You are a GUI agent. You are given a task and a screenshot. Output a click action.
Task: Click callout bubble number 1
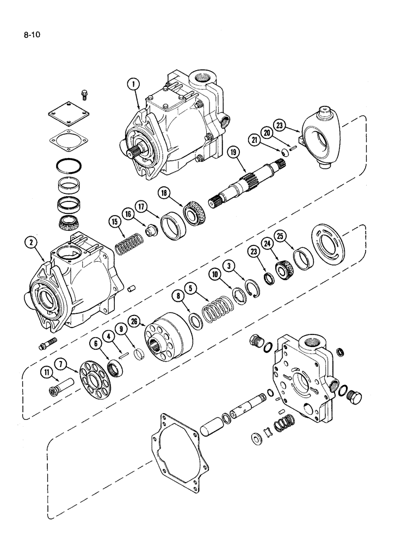tap(133, 84)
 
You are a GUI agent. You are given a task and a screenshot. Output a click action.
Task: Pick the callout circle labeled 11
tap(46, 372)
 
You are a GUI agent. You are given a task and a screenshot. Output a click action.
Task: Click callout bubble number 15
tap(114, 221)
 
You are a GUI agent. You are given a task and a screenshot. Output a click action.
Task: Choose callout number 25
tap(296, 236)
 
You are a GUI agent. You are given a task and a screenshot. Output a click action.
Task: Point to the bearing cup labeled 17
tap(166, 224)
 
